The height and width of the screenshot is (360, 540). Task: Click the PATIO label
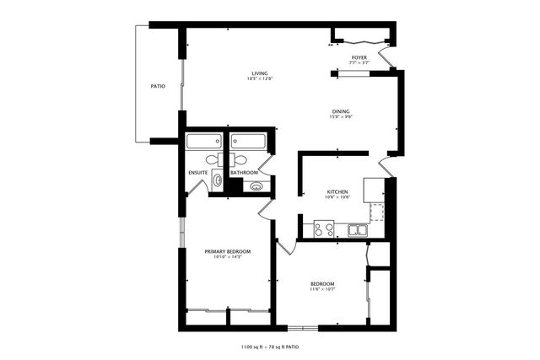pos(158,86)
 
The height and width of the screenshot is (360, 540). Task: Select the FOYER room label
pos(359,57)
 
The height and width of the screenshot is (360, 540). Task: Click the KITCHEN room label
pos(337,191)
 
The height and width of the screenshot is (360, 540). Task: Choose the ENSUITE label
pos(198,173)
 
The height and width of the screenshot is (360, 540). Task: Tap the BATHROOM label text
pos(244,173)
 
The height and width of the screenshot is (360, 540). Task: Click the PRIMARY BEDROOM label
pos(228,250)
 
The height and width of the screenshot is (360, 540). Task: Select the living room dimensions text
pos(260,79)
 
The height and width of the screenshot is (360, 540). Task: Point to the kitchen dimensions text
pos(337,197)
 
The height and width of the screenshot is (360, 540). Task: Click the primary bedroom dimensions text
pos(228,256)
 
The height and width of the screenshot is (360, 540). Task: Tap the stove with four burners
pos(324,228)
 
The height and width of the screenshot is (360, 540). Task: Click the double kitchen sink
pos(358,228)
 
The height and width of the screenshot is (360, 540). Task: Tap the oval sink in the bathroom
pos(257,186)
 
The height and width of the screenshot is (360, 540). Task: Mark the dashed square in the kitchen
pos(376,211)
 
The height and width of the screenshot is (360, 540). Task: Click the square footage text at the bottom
pos(270,347)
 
